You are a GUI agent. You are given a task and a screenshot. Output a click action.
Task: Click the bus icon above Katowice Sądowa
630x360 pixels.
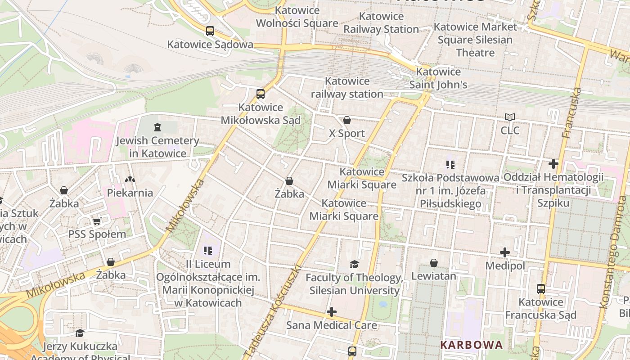(210, 31)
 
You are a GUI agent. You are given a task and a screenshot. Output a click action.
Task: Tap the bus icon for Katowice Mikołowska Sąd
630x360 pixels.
(261, 94)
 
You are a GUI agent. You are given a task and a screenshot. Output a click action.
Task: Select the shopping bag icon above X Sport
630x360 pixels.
(347, 120)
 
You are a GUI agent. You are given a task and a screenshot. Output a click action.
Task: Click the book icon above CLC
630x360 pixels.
(509, 117)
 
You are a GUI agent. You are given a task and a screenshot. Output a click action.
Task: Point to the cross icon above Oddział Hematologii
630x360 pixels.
(553, 164)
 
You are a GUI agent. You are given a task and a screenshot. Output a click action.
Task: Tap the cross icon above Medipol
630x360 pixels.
(505, 252)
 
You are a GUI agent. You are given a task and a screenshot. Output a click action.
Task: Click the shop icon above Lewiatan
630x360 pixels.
(434, 263)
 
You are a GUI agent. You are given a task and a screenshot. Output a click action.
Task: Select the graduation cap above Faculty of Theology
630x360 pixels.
(355, 264)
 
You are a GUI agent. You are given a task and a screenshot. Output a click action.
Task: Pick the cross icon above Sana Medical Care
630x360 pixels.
(332, 312)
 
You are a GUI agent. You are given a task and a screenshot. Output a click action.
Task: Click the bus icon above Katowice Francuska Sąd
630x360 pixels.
(541, 289)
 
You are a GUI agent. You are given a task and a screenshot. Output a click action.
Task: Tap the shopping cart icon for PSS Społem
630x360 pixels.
(97, 221)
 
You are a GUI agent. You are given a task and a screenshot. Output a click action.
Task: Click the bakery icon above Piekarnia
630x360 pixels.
(130, 180)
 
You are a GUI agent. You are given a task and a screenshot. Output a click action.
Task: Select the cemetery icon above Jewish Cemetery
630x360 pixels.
(157, 127)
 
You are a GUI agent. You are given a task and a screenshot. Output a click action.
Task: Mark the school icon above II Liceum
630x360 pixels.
(207, 250)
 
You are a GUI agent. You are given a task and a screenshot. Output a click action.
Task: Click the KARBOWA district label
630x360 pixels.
(471, 345)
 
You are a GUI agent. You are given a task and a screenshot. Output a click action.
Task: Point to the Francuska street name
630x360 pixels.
(572, 112)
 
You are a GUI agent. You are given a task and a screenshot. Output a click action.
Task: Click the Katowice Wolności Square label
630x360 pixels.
(297, 17)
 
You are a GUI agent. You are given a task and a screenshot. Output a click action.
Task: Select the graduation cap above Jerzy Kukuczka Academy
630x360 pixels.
(80, 333)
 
